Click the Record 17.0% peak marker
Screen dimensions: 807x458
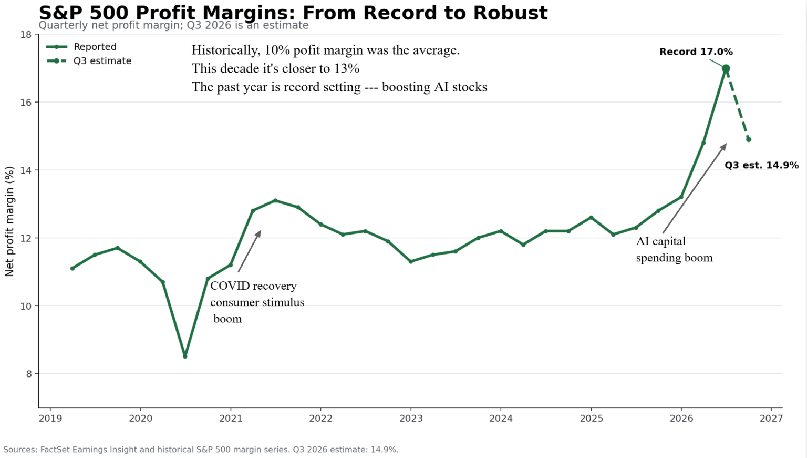pyautogui.click(x=726, y=68)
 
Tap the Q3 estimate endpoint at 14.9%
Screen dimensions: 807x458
pyautogui.click(x=749, y=139)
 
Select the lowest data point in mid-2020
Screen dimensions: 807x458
pyautogui.click(x=185, y=357)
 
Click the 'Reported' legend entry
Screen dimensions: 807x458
pyautogui.click(x=81, y=47)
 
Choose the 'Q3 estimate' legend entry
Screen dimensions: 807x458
pyautogui.click(x=89, y=61)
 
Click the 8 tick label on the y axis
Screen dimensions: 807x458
pyautogui.click(x=29, y=374)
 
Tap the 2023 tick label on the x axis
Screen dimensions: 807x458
pyautogui.click(x=411, y=419)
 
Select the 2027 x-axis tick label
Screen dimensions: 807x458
pyautogui.click(x=771, y=419)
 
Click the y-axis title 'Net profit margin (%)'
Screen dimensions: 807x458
pyautogui.click(x=9, y=221)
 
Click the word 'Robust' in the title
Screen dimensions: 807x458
pyautogui.click(x=511, y=13)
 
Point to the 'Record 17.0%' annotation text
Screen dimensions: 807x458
pyautogui.click(x=696, y=52)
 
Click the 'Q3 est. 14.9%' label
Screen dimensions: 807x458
pyautogui.click(x=762, y=165)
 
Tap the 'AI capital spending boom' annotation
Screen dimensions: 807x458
pyautogui.click(x=675, y=249)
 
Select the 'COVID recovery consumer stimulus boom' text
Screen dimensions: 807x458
pyautogui.click(x=257, y=302)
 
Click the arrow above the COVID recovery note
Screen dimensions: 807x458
pyautogui.click(x=250, y=251)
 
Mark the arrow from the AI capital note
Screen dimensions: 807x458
pyautogui.click(x=695, y=188)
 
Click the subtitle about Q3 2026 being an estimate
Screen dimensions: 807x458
pyautogui.click(x=174, y=25)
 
